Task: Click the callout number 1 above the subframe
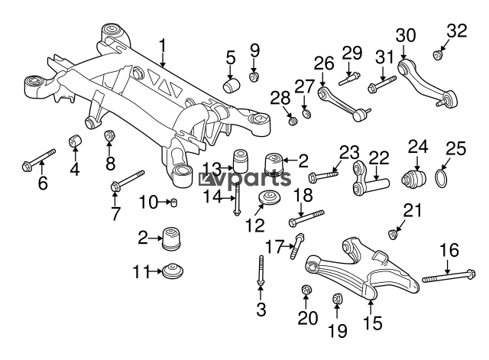162,47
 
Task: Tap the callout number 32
457,31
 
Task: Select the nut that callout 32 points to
438,55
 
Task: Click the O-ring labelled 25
441,178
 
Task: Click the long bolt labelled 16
449,276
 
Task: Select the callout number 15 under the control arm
373,323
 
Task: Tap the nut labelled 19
338,299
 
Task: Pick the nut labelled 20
306,290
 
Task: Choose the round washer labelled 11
173,271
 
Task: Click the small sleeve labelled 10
173,203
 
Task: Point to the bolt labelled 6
39,160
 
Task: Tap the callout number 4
74,169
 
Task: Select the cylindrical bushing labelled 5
232,86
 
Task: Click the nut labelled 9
254,76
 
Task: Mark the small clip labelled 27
306,114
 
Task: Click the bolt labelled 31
382,84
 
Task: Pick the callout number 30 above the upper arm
406,36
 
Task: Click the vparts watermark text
244,178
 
